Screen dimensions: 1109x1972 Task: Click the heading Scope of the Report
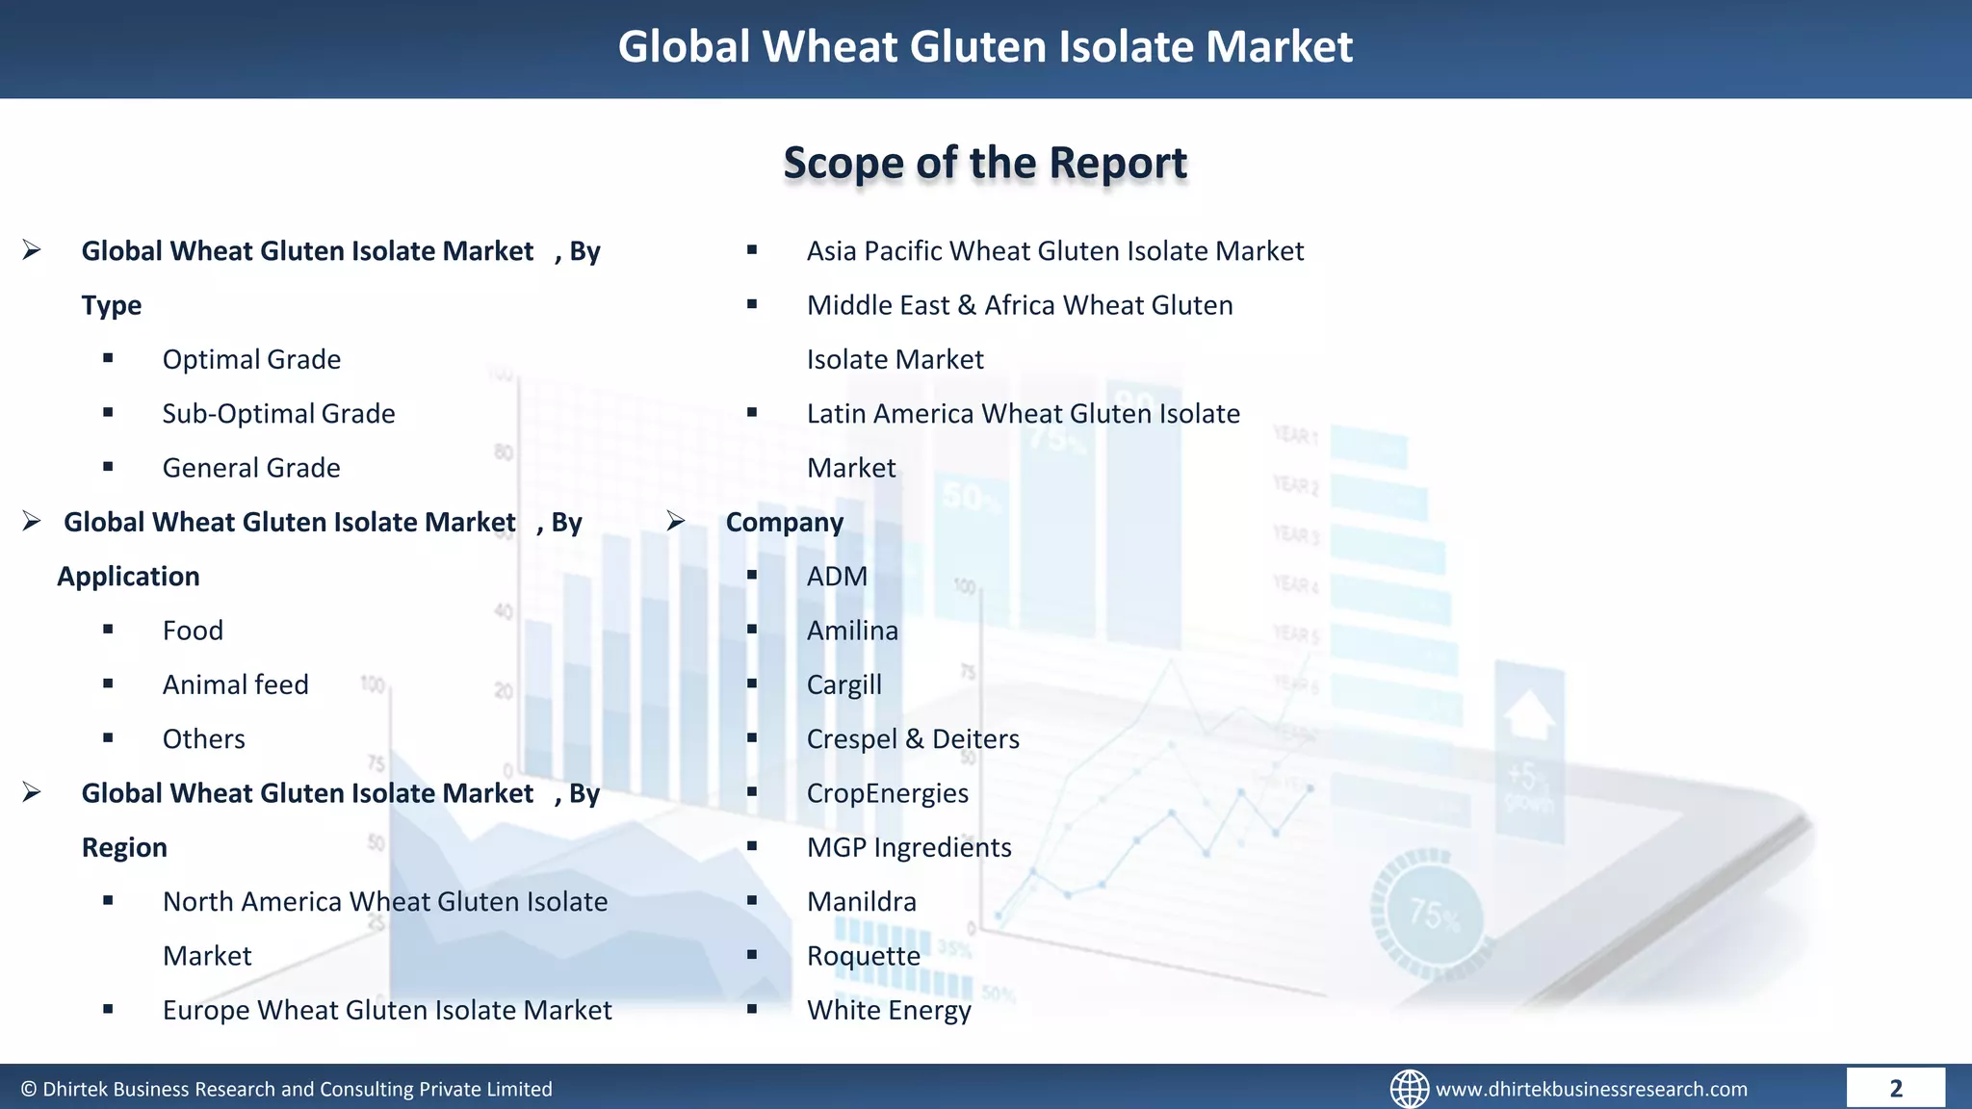click(x=985, y=163)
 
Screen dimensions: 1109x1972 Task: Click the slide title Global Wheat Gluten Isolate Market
click(x=985, y=47)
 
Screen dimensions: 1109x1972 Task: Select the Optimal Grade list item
click(x=251, y=360)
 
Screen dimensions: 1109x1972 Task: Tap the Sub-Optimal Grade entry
click(x=278, y=414)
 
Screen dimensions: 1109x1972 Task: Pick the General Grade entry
click(x=251, y=468)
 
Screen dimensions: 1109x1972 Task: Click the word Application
click(x=128, y=577)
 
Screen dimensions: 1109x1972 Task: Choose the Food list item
click(x=193, y=631)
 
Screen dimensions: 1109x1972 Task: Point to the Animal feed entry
click(x=235, y=684)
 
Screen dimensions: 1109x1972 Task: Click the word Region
click(x=124, y=848)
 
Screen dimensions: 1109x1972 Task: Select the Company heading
click(x=784, y=523)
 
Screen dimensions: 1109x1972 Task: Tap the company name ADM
click(x=837, y=577)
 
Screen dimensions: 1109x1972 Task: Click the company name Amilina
click(x=852, y=631)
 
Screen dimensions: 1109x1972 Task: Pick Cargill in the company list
click(x=843, y=684)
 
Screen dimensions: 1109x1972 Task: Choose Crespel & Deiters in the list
click(x=913, y=739)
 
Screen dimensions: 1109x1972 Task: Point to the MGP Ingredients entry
click(x=909, y=847)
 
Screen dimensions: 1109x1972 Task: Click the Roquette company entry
click(x=863, y=956)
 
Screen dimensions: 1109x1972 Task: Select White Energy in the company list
click(x=889, y=1010)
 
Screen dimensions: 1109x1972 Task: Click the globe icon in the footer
click(x=1409, y=1089)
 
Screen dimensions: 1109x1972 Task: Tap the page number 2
click(x=1895, y=1089)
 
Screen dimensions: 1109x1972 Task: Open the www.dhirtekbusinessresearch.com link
click(x=1591, y=1089)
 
